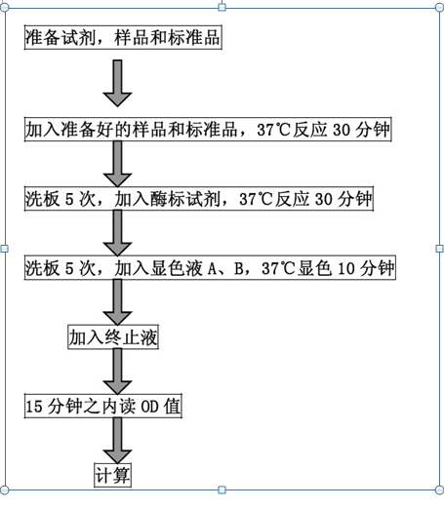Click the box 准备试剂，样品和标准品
coord(123,37)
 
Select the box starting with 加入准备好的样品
coord(208,130)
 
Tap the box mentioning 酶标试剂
coord(199,199)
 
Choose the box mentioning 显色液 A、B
coord(210,267)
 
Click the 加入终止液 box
coord(113,337)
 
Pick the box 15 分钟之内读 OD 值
coord(103,406)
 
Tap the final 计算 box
coord(112,475)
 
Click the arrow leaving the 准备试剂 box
coord(117,83)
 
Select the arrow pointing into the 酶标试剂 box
coord(117,164)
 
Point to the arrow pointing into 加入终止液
coord(117,302)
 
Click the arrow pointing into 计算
coord(117,441)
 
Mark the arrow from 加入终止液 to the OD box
coord(117,372)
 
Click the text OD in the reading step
coord(149,407)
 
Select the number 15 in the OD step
coord(34,407)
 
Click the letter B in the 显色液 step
coord(239,268)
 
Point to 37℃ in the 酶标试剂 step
coord(256,199)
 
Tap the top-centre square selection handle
coord(222,7)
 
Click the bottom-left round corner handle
coord(5,489)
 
